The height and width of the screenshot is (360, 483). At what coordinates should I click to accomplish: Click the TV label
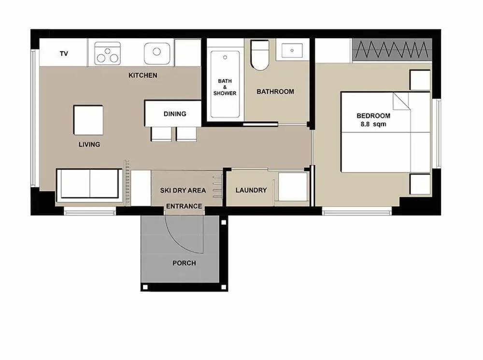tap(64, 54)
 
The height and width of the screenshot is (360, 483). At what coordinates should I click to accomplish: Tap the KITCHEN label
tap(143, 75)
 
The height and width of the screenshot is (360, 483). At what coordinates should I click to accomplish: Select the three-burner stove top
tap(107, 53)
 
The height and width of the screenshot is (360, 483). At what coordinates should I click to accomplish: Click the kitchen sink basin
tap(157, 53)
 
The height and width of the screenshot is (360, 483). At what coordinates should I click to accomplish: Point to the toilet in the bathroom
tap(260, 55)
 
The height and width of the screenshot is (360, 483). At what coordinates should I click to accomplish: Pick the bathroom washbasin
tap(292, 51)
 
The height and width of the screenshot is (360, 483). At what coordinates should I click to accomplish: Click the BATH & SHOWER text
tap(225, 87)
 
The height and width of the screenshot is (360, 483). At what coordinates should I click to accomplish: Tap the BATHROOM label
tap(275, 91)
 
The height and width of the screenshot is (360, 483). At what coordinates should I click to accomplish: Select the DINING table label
tap(175, 114)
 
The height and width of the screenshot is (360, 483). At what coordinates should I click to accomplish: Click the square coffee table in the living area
tap(88, 120)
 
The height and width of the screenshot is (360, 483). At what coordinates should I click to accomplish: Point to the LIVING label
tap(89, 144)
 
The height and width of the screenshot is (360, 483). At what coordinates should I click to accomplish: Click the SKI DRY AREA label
tap(183, 190)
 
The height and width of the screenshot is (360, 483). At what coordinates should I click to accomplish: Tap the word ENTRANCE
tap(184, 206)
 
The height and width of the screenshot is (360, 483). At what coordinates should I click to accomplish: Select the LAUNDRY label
tap(251, 190)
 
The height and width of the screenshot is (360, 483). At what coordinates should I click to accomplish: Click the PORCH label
tap(184, 263)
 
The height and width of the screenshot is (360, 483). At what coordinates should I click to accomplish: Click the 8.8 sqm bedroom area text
tap(373, 124)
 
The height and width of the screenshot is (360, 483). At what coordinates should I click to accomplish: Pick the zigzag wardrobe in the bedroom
tap(392, 50)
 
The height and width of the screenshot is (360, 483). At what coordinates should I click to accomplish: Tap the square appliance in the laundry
tap(293, 187)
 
